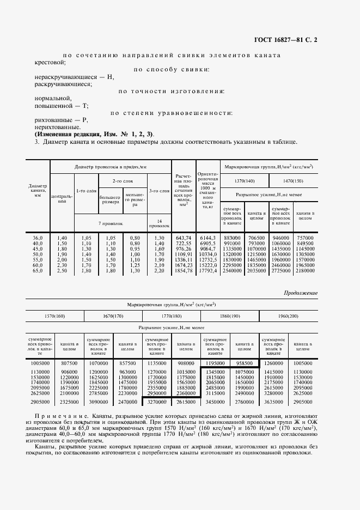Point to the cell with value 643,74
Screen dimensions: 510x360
tap(182, 238)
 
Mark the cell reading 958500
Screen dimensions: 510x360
tap(243, 363)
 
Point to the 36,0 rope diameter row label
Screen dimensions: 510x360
tap(38, 238)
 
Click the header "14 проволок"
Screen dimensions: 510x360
tap(159, 223)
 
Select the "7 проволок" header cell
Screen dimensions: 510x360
tap(111, 223)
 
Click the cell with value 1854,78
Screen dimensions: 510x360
tap(182, 271)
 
